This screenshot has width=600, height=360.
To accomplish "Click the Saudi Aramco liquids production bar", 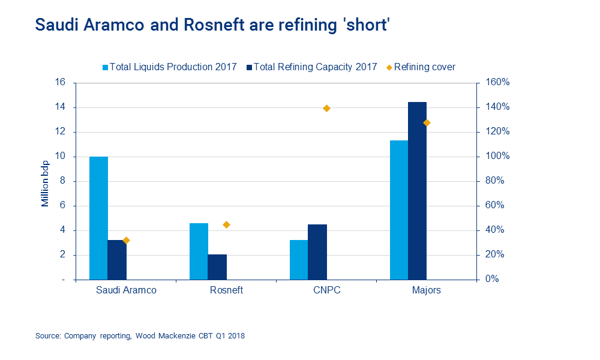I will pos(98,218).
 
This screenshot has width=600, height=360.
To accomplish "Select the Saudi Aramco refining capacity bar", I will pos(117,260).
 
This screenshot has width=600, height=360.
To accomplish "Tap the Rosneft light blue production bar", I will pos(199,251).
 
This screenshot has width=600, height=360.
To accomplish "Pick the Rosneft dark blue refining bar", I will pos(217,267).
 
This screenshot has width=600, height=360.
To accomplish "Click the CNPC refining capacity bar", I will pos(317,252).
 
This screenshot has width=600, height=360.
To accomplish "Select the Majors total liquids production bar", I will pos(399,210).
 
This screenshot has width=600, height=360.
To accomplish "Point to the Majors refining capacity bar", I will pos(418,191).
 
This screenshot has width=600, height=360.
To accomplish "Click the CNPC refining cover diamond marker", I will pos(327,109).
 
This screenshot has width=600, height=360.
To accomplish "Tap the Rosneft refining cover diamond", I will pos(227,225).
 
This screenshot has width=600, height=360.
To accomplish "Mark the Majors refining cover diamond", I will pos(427,123).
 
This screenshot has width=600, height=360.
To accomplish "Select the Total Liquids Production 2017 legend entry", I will pos(170,67).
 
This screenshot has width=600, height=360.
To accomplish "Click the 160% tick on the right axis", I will pos(497,83).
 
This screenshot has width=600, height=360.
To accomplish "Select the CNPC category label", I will pos(327,290).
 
